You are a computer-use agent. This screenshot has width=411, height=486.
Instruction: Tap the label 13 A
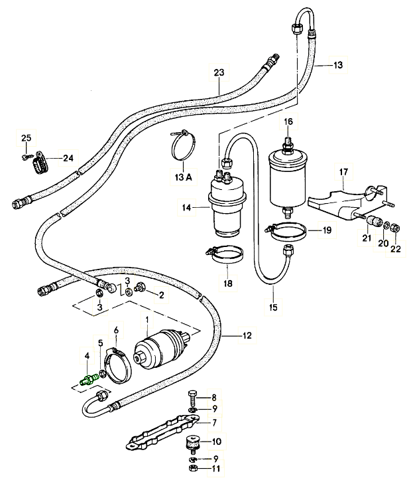tap(183, 177)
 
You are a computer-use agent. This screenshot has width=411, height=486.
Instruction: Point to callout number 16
tap(288, 121)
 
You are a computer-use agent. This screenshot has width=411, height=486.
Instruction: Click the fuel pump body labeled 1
tap(162, 351)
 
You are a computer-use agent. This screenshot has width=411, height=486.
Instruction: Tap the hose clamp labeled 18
tap(225, 254)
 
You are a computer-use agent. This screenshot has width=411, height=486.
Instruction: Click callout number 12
tap(247, 336)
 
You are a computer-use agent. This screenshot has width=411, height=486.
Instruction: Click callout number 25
tap(27, 137)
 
